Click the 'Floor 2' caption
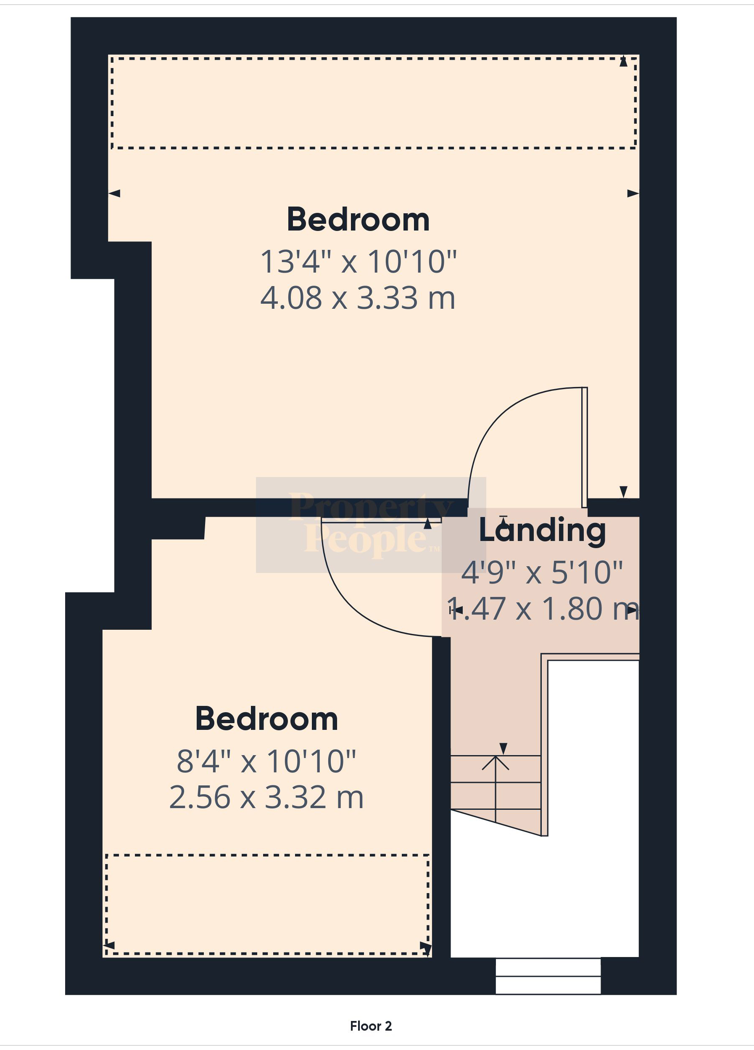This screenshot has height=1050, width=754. coord(371,1026)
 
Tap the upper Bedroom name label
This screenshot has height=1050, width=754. coord(358,220)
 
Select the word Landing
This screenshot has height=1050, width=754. coord(542,530)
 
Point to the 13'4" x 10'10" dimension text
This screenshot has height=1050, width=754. coord(359,262)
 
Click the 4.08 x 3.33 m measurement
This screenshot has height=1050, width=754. coord(358,298)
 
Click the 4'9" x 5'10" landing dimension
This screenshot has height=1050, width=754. coord(542,573)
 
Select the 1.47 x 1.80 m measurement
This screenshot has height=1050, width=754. coord(543,609)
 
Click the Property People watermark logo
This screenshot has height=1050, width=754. coord(371,525)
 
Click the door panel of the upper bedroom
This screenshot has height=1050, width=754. coord(585,447)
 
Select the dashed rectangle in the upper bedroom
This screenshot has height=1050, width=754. coord(374,148)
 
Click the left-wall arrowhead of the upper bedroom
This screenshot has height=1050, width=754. coord(114,194)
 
